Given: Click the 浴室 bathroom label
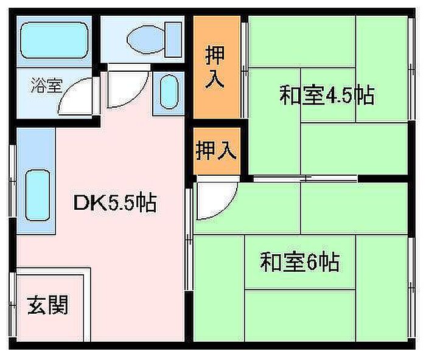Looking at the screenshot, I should tap(46, 86).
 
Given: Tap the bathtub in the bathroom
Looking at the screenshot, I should tap(54, 41).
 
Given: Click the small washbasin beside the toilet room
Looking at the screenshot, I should tap(168, 91).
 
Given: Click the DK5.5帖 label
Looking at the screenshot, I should tap(115, 202).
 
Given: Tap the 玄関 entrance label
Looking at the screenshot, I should tap(47, 305).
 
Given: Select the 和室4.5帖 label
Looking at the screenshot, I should tap(326, 95).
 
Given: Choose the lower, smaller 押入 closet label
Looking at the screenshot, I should tap(215, 150).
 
